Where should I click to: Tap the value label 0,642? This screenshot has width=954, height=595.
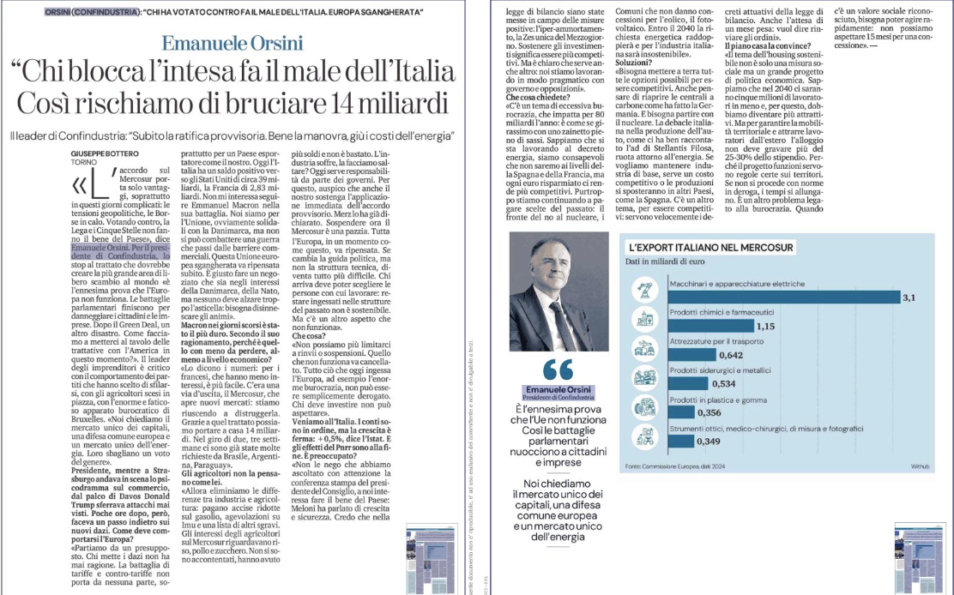tap(731, 355)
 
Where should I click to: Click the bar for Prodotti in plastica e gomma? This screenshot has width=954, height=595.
tap(683, 412)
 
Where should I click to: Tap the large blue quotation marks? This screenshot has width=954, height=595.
tap(559, 370)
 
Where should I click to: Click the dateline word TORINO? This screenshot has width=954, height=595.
tap(84, 160)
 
